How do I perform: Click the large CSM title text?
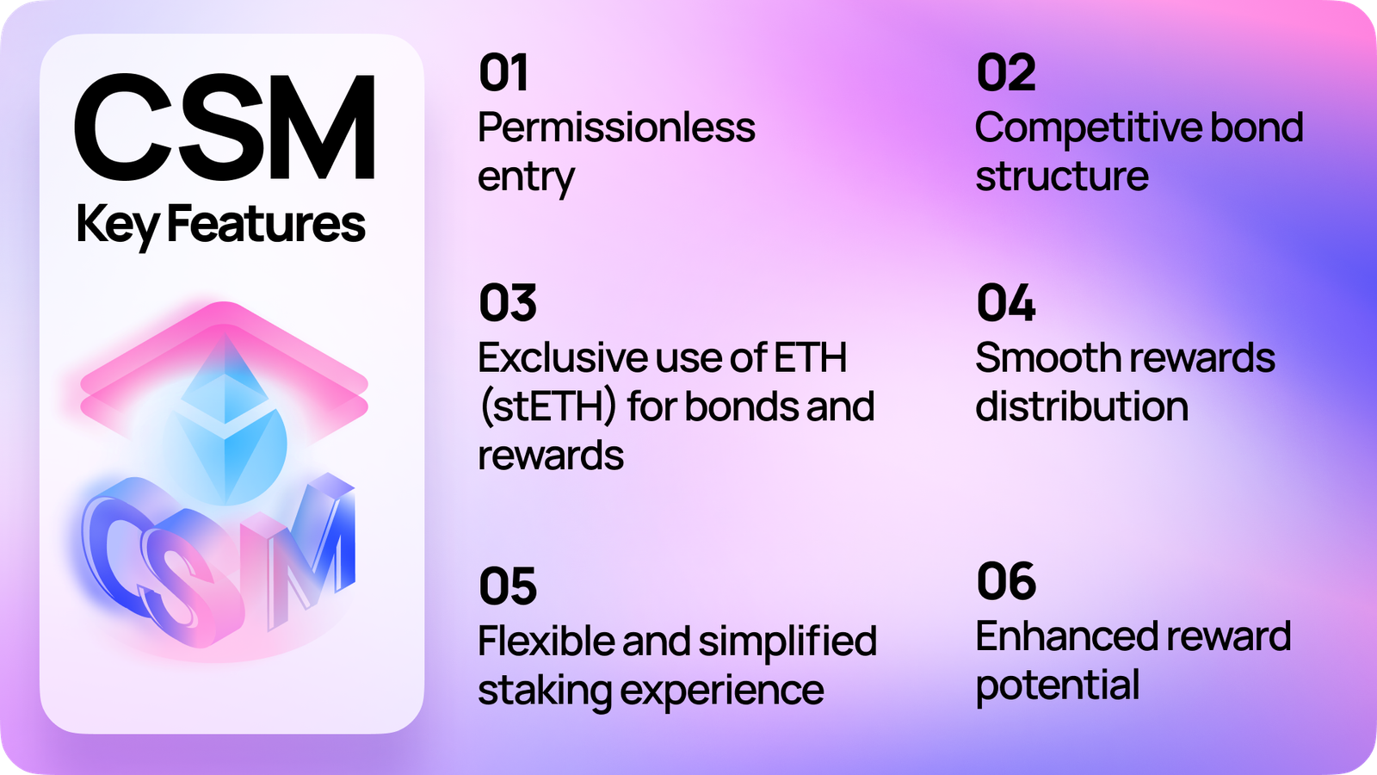tap(225, 127)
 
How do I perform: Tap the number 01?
tap(503, 73)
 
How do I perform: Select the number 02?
tap(1005, 73)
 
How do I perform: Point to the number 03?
tap(508, 303)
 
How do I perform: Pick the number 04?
tap(1005, 303)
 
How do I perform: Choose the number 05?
tap(508, 587)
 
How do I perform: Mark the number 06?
tap(1005, 582)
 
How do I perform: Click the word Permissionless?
tap(616, 128)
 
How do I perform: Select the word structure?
tap(1061, 177)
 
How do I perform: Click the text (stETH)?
tap(547, 407)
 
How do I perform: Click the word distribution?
tap(1081, 407)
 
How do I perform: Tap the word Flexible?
tap(543, 642)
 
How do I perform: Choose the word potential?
tap(1057, 686)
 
